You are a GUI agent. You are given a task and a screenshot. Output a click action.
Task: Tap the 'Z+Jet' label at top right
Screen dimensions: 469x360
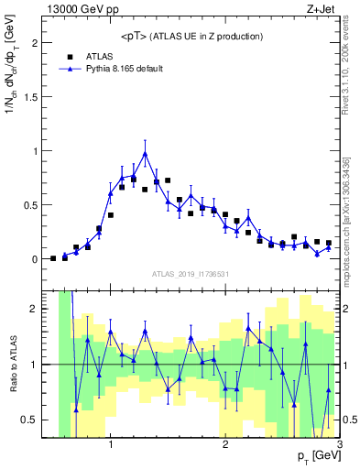[324, 8]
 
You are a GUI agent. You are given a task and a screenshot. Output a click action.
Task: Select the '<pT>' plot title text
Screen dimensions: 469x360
[191, 36]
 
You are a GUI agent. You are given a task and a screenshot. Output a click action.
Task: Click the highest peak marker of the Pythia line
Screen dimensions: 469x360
[145, 153]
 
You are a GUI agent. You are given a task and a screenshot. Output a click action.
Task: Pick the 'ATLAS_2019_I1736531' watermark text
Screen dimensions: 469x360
[191, 274]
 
